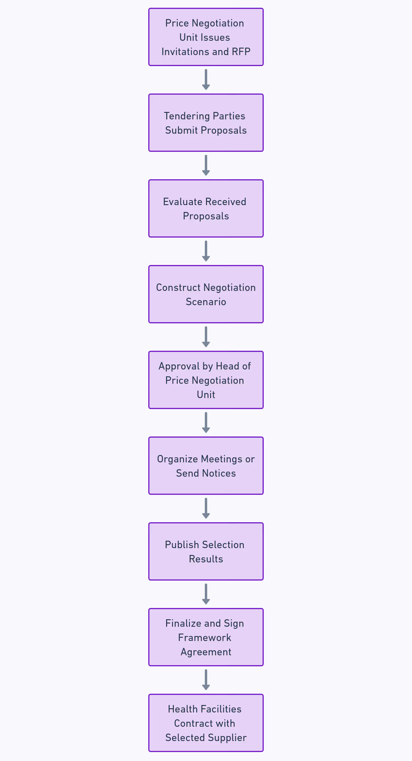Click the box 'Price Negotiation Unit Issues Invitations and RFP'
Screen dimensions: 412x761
[206, 37]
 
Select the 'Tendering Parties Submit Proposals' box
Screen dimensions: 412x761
[206, 123]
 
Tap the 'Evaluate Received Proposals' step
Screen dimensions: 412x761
[206, 208]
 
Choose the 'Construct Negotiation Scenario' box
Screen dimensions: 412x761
[206, 294]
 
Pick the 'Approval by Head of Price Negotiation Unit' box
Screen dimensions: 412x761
[206, 380]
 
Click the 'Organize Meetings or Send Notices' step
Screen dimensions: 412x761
[206, 466]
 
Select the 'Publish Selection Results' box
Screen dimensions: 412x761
[206, 551]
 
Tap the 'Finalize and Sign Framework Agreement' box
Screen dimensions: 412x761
[206, 637]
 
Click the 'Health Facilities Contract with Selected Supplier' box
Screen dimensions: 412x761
[206, 723]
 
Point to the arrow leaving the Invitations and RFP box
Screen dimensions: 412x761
[206, 79]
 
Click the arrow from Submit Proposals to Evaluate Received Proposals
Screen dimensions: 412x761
[206, 165]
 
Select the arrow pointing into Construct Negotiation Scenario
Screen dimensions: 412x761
[206, 251]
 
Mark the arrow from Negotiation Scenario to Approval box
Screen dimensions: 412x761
[206, 337]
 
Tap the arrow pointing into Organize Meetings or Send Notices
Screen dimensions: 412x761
[206, 422]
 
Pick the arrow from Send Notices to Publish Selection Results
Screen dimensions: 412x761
[206, 508]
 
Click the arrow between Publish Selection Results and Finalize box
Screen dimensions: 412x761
[206, 594]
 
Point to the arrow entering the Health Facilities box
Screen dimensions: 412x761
[206, 680]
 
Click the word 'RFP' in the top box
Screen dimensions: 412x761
[241, 52]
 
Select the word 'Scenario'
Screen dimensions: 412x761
[206, 302]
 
